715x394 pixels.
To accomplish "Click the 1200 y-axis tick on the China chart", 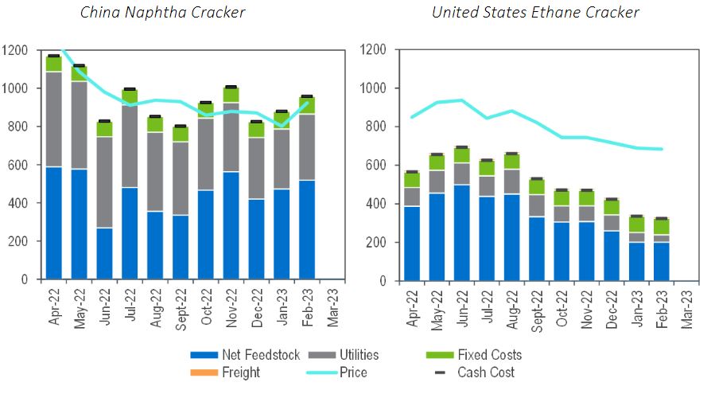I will tap(16, 50).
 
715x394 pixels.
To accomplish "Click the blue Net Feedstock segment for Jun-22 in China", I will tap(104, 254).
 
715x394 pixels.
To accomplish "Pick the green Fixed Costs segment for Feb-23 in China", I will tap(306, 106).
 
